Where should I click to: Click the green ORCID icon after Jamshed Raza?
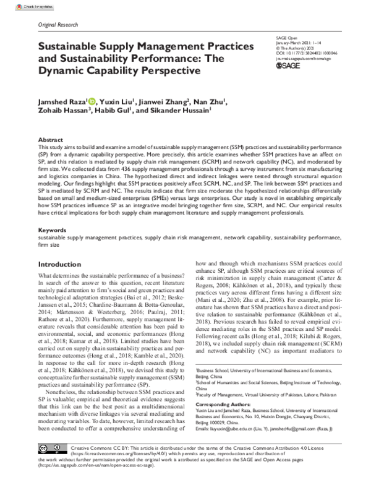[x=92, y=101]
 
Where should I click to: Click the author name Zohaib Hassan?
[x=64, y=113]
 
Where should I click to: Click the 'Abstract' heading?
[x=51, y=141]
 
